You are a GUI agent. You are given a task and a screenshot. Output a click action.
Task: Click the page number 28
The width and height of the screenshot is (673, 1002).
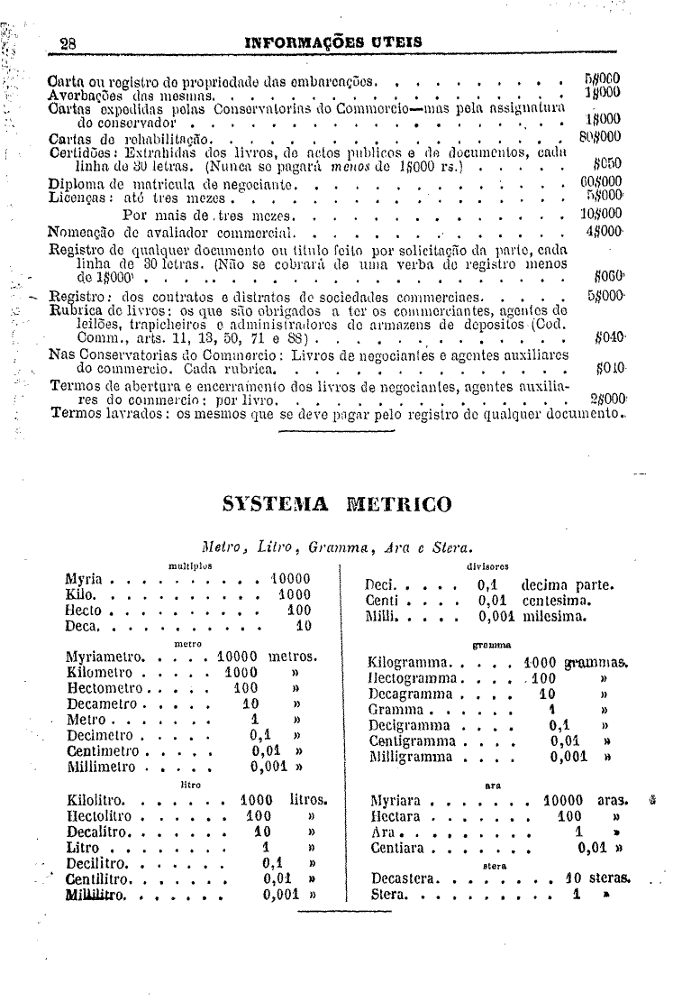[68, 42]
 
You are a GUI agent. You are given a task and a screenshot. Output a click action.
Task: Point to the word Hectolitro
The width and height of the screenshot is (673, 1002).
[101, 815]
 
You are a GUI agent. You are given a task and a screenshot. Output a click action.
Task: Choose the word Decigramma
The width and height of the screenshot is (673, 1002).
[409, 724]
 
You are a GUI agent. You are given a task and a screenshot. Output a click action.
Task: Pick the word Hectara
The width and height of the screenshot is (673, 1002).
[397, 815]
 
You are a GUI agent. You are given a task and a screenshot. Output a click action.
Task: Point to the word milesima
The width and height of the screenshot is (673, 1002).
[554, 617]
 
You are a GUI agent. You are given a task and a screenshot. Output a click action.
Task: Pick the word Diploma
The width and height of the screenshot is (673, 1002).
[77, 183]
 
